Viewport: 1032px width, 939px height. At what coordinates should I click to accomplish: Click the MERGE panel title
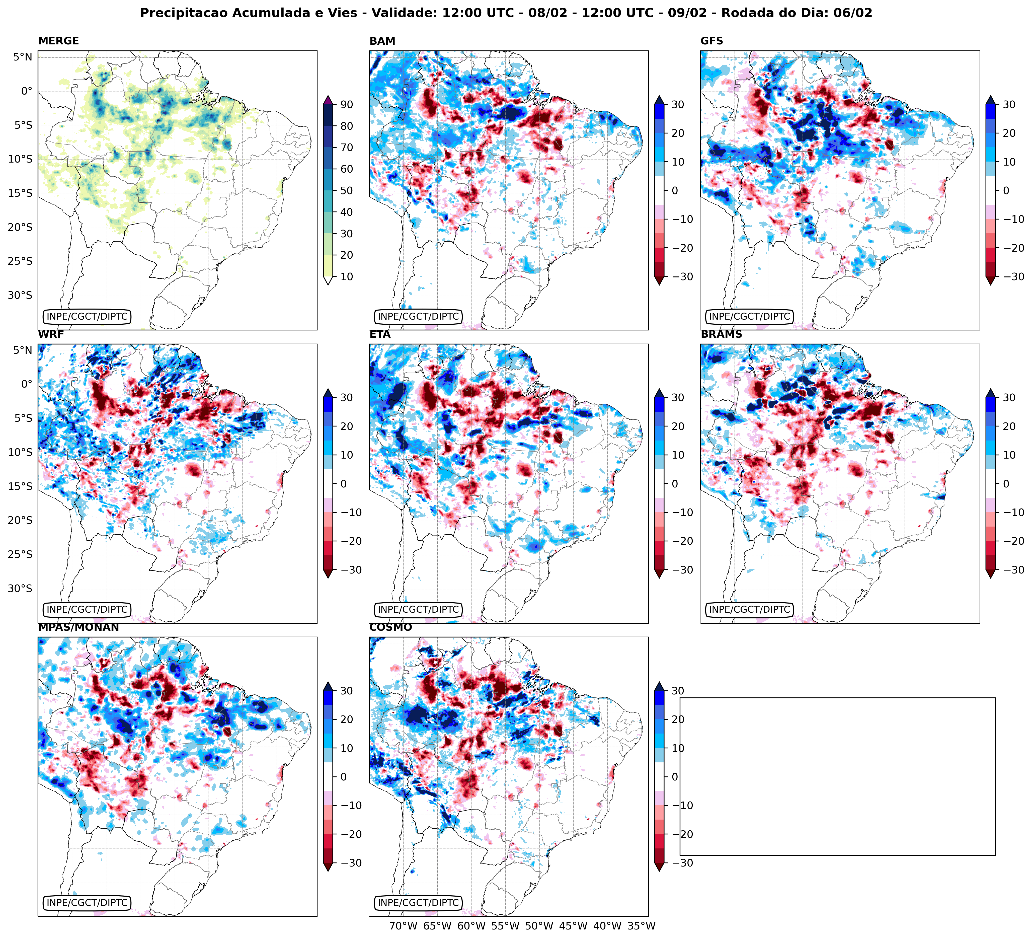58,41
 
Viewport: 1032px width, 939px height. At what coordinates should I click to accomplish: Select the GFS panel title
711,41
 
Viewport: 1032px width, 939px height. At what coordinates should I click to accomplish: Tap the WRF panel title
51,334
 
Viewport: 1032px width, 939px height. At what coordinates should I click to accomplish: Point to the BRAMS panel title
721,334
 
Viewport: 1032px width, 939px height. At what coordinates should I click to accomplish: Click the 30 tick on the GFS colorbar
1008,104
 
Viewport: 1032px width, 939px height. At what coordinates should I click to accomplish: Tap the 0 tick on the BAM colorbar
674,190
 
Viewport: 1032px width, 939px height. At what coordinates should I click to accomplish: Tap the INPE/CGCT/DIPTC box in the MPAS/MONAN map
87,903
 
